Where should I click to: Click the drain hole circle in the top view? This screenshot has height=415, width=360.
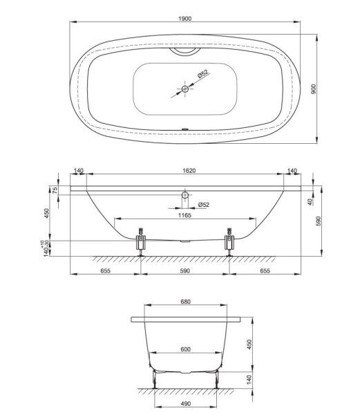[185, 89]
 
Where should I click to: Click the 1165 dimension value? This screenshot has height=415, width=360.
[183, 215]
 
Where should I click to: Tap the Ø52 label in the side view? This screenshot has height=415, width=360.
[204, 205]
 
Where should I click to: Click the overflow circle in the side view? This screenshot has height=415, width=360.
[184, 195]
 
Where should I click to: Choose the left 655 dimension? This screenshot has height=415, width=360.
[106, 272]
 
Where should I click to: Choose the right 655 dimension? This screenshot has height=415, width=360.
[265, 272]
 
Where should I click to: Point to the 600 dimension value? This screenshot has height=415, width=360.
[185, 349]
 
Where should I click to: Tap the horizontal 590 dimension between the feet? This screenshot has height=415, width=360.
[185, 272]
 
